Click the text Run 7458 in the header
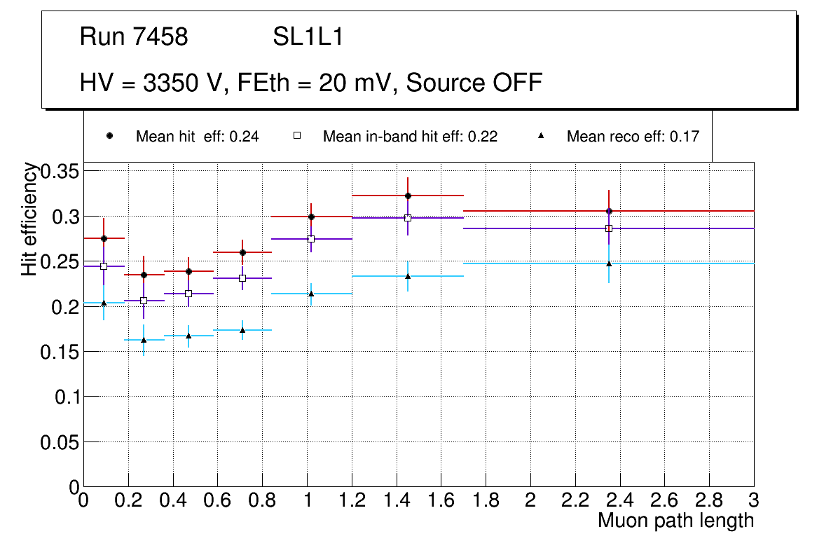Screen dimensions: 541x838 pos(134,37)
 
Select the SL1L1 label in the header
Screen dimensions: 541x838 pos(308,37)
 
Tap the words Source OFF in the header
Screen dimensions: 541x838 pos(474,83)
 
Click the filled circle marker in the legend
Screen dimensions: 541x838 pos(109,136)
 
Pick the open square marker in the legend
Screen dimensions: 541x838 pos(296,136)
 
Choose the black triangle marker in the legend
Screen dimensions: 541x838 pos(542,136)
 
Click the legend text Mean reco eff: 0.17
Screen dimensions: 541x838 pos(633,137)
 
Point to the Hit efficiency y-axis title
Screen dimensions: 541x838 pos(29,219)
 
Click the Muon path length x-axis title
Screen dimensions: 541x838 pos(675,521)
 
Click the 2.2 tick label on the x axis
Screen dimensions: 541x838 pos(575,500)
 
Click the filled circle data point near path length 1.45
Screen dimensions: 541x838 pos(408,196)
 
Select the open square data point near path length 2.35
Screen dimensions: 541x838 pos(609,228)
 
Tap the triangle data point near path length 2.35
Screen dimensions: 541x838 pos(609,263)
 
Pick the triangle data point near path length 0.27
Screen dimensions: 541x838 pos(144,340)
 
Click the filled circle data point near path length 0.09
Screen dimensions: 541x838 pos(104,238)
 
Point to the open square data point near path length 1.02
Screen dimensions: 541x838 pos(311,239)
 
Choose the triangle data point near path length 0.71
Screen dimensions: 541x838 pos(242,330)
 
